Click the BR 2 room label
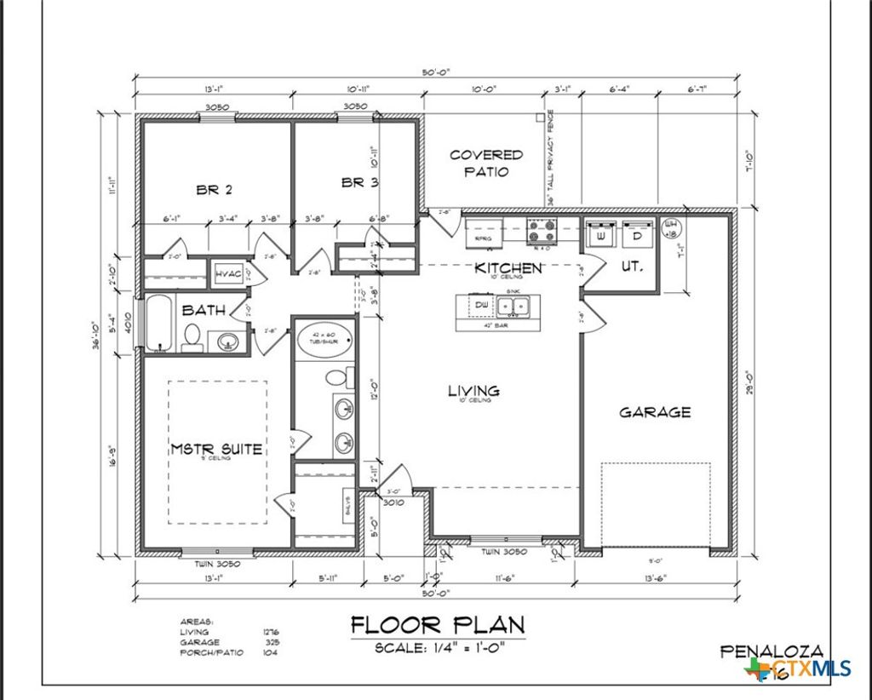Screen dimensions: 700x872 tap(215, 190)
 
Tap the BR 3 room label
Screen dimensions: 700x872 tap(359, 182)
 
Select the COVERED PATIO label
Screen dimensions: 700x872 tap(486, 163)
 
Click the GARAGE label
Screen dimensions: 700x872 tap(654, 412)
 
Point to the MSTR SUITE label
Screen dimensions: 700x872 tap(215, 448)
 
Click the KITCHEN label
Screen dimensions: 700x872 tap(508, 268)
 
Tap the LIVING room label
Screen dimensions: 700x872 tap(474, 391)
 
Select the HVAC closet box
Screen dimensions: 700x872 tap(227, 273)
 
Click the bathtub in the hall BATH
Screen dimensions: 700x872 tap(158, 323)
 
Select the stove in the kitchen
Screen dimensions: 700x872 tap(541, 231)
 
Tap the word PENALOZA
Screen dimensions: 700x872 tap(772, 651)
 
